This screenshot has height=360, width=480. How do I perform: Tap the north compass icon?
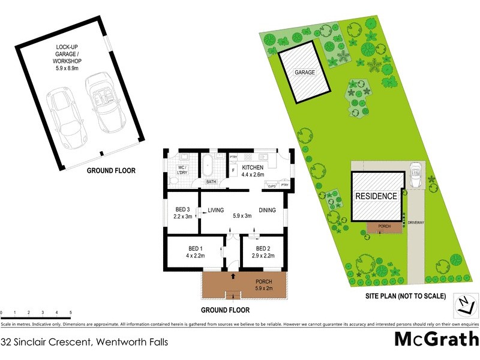pyautogui.click(x=464, y=304)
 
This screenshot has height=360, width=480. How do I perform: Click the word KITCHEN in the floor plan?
pyautogui.click(x=253, y=167)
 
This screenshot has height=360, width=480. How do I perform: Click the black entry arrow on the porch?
pyautogui.click(x=233, y=276)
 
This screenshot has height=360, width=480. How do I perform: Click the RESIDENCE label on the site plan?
pyautogui.click(x=376, y=196)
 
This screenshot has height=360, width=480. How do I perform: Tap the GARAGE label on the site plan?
pyautogui.click(x=304, y=73)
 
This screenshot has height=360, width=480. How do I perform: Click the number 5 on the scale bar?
pyautogui.click(x=71, y=313)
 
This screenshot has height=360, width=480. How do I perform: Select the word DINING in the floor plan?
pyautogui.click(x=268, y=211)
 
